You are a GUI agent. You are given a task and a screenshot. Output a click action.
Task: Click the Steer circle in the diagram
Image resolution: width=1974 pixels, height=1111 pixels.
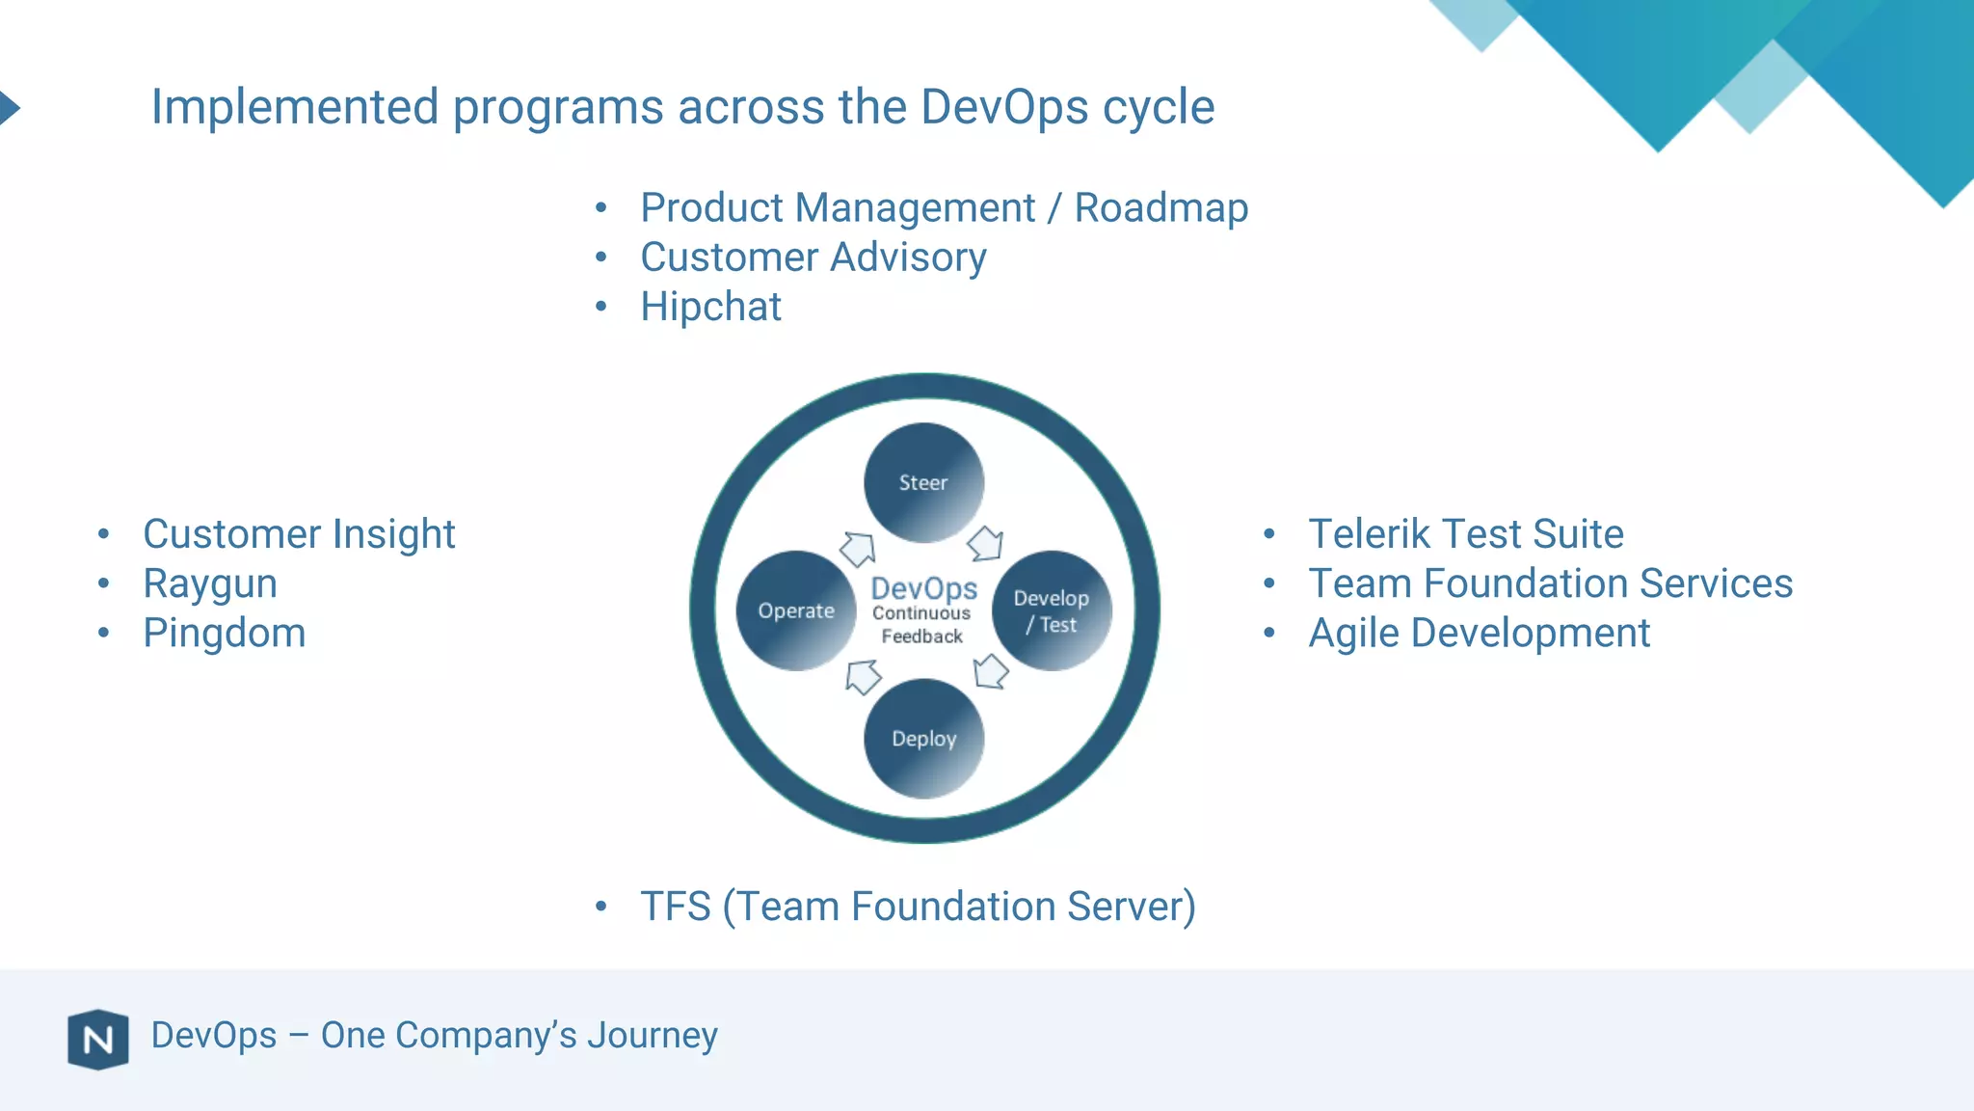click(x=923, y=482)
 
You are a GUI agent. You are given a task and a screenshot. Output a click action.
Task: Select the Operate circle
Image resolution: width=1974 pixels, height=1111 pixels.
click(x=795, y=610)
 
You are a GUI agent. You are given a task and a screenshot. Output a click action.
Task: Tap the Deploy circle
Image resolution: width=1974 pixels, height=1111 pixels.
click(x=923, y=739)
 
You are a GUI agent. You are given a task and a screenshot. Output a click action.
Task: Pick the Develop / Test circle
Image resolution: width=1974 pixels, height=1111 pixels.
click(x=1052, y=610)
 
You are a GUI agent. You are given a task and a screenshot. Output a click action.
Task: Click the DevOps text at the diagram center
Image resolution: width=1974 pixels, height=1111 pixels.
click(x=923, y=588)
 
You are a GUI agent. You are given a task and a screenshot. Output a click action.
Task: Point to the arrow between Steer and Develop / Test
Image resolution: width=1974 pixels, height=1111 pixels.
click(x=986, y=544)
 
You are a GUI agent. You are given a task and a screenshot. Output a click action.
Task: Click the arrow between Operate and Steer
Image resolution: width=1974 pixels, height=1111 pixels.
click(x=857, y=549)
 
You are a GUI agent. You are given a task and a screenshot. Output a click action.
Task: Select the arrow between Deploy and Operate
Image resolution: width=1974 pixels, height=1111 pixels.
click(x=862, y=676)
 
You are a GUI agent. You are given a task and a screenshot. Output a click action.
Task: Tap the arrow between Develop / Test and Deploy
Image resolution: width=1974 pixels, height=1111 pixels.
click(x=990, y=671)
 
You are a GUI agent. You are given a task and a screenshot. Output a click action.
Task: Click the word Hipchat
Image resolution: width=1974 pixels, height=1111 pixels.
click(x=710, y=307)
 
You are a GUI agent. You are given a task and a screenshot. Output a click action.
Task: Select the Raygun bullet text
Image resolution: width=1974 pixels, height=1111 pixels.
click(x=210, y=583)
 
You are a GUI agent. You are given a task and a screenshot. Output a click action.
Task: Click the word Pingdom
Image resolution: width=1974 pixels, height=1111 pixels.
click(x=225, y=634)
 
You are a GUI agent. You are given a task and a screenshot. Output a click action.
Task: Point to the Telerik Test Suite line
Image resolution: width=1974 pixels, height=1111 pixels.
click(x=1465, y=533)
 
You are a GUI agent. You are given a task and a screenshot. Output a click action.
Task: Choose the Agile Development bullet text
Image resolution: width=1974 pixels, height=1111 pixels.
click(x=1479, y=634)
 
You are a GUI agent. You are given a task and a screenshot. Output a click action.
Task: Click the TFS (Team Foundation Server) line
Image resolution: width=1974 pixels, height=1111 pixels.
click(x=918, y=907)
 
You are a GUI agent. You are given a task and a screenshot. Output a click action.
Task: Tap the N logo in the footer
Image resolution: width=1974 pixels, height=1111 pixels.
click(x=98, y=1040)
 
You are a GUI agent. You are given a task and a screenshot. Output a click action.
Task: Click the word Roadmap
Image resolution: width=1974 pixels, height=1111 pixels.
click(x=1161, y=207)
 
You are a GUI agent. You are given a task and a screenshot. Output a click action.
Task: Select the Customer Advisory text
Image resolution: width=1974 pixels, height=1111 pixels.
click(x=814, y=257)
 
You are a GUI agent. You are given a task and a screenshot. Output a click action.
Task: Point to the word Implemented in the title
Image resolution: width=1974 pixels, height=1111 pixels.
click(x=295, y=106)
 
